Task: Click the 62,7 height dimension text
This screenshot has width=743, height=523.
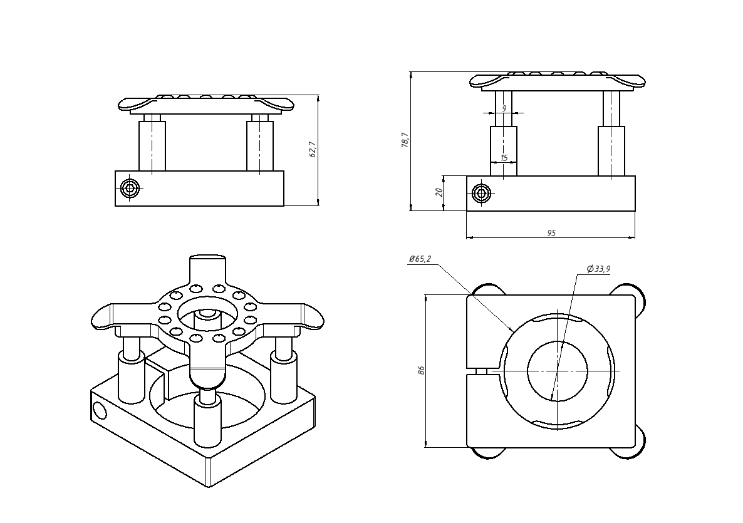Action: click(x=313, y=150)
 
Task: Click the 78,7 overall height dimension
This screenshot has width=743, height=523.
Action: click(x=405, y=140)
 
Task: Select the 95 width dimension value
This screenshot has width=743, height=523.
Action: click(x=551, y=233)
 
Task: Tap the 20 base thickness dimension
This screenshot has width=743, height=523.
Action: click(x=439, y=192)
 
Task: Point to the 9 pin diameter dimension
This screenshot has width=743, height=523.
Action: click(x=504, y=108)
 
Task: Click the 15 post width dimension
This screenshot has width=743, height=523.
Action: click(x=504, y=158)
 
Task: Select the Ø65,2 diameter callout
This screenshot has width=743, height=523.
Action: click(x=420, y=259)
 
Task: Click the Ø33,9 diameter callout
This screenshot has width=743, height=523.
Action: click(x=598, y=269)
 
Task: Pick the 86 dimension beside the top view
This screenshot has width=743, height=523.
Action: click(x=421, y=370)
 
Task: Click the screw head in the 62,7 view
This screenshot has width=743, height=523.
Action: click(x=130, y=187)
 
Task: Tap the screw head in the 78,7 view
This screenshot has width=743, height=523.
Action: click(x=481, y=193)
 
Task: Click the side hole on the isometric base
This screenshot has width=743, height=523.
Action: click(x=100, y=410)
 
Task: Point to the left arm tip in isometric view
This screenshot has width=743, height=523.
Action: click(x=103, y=318)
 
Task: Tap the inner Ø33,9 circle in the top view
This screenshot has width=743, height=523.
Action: click(x=557, y=370)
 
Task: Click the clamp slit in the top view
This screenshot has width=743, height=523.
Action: click(x=482, y=371)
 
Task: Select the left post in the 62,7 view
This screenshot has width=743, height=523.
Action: click(x=152, y=145)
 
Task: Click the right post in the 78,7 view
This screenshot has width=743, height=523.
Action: click(x=611, y=150)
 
